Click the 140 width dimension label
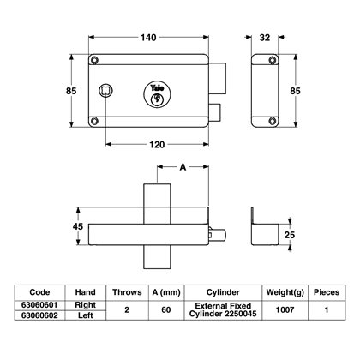tap(148, 38)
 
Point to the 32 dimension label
tap(265, 38)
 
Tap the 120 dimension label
tap(157, 145)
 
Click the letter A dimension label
tap(183, 167)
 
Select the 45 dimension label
tap(78, 226)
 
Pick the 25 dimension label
tap(290, 235)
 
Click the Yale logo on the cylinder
tap(158, 87)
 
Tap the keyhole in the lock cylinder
tap(157, 99)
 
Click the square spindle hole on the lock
tap(105, 91)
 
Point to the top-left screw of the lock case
tap(94, 60)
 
